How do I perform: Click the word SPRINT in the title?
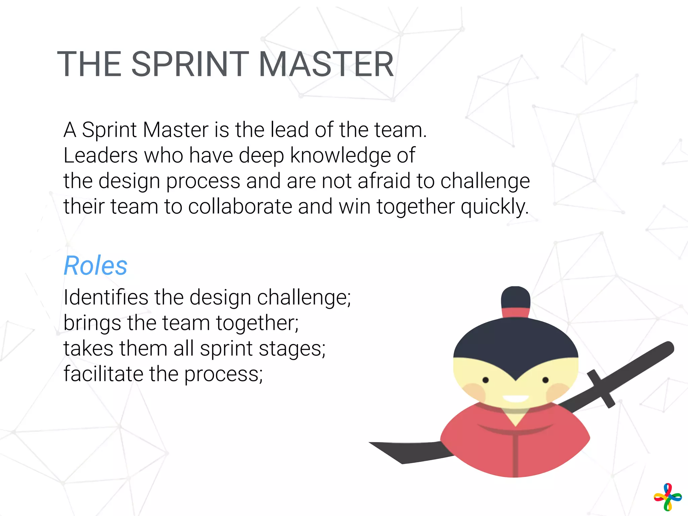coord(190,64)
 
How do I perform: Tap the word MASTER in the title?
coord(326,64)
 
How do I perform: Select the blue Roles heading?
coord(96,266)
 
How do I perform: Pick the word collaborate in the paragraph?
coord(240,206)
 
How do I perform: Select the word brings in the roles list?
coord(92,324)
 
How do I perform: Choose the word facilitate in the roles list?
coord(103,374)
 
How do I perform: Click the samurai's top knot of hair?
coord(516,297)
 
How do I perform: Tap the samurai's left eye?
coord(485,380)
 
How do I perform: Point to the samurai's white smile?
coord(516,399)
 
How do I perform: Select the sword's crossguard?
coord(601,389)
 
